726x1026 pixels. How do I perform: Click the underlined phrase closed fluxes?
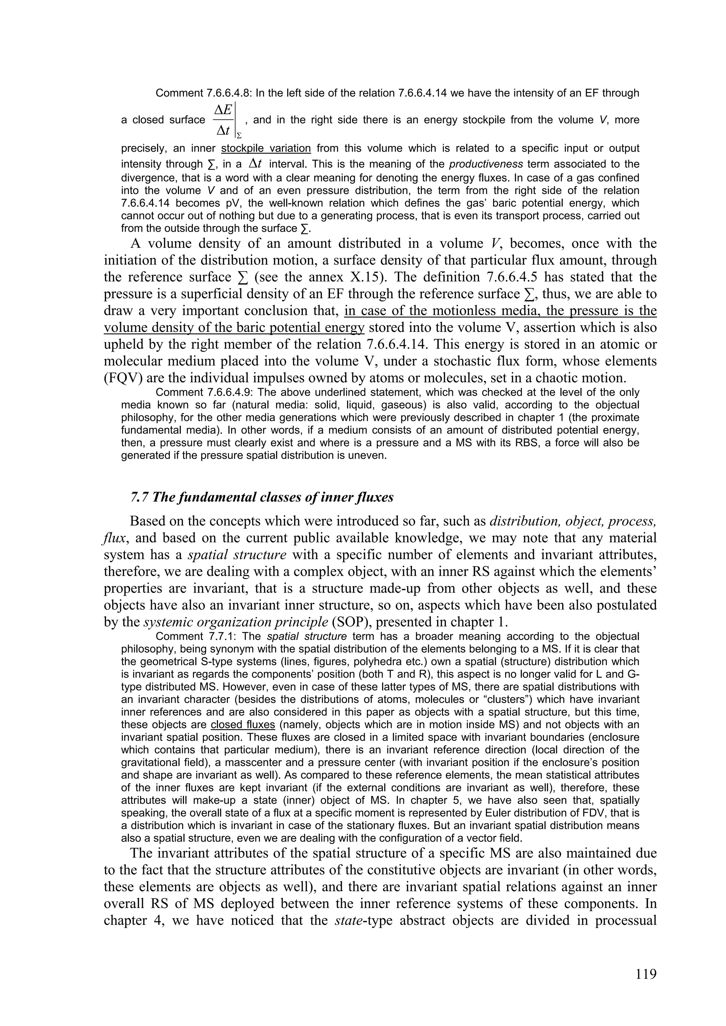[x=242, y=724]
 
